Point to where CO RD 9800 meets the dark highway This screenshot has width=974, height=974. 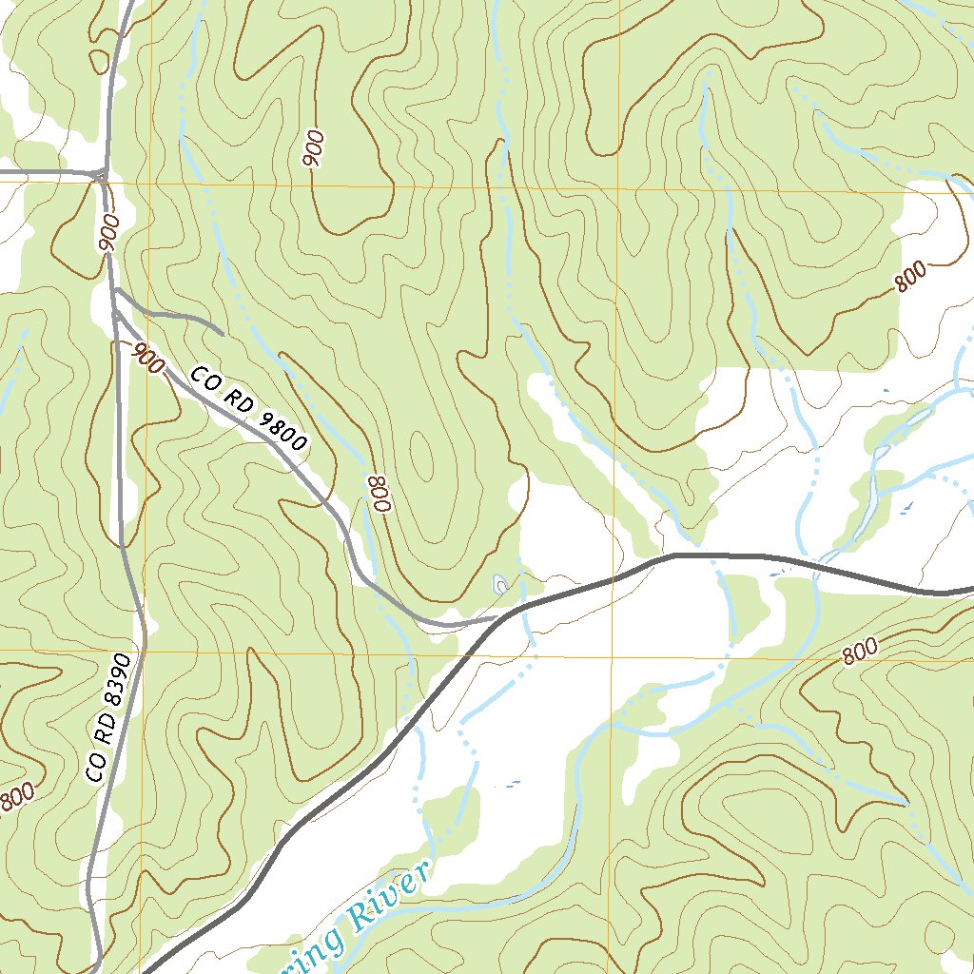[x=498, y=618]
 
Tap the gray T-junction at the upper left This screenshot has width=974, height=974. [x=102, y=174]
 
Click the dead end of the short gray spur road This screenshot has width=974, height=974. [x=224, y=334]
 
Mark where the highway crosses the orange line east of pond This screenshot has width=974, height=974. [x=614, y=577]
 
